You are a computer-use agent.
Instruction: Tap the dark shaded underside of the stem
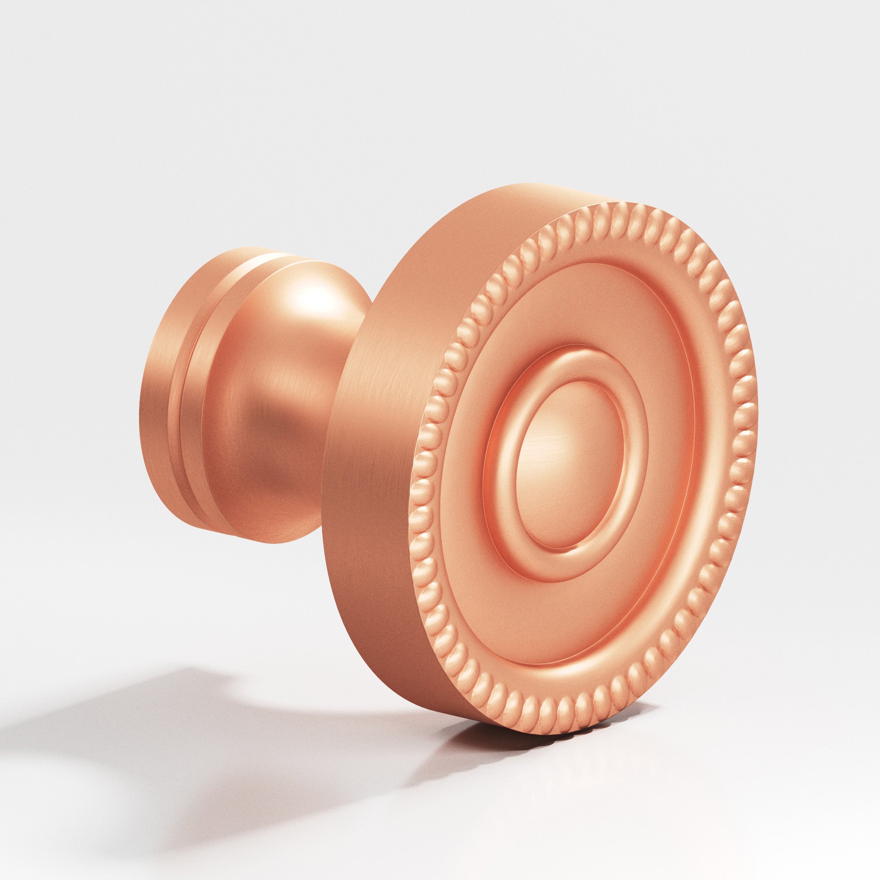(292, 510)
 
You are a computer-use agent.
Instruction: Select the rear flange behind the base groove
(159, 401)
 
